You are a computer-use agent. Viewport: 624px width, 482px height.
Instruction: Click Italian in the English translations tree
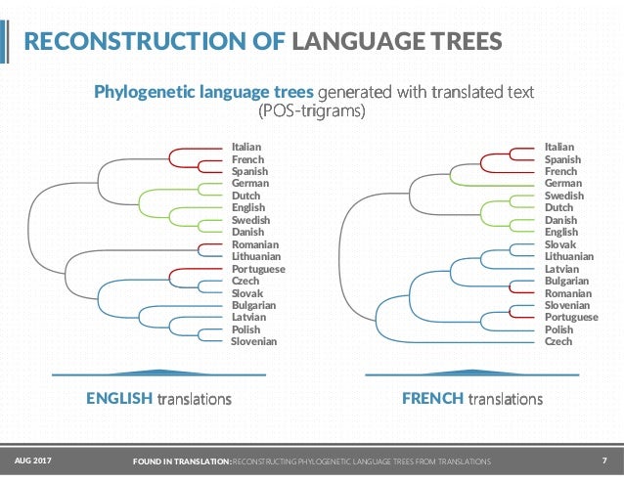[x=246, y=147]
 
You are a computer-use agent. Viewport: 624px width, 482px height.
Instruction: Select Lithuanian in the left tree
[x=256, y=256]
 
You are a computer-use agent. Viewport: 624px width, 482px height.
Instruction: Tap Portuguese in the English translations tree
[x=258, y=268]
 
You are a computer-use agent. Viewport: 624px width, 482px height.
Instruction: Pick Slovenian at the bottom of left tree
[x=254, y=341]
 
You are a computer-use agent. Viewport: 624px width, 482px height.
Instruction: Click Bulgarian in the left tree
[x=253, y=305]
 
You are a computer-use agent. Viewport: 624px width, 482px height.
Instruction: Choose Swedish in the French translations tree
[x=564, y=196]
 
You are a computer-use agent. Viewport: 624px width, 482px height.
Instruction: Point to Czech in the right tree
[x=558, y=341]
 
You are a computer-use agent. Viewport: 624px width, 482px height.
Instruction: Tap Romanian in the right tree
[x=567, y=292]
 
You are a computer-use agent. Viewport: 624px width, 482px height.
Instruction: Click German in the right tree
[x=563, y=183]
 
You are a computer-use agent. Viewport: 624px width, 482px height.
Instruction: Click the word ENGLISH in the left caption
[x=119, y=399]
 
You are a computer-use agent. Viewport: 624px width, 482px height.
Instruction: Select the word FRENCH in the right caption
[x=433, y=399]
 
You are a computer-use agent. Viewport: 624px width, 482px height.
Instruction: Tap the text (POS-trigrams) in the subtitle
[x=311, y=112]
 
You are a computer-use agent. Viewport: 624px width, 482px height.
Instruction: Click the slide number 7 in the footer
[x=604, y=460]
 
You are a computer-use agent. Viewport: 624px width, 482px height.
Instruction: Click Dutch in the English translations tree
[x=245, y=195]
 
